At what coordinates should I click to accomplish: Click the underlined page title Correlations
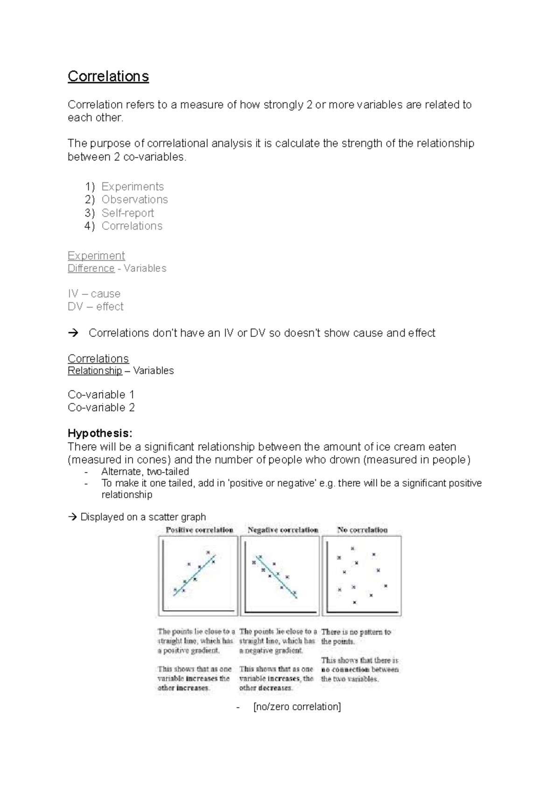pos(108,76)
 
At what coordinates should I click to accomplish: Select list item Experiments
pos(133,187)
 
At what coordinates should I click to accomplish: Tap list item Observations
pos(134,200)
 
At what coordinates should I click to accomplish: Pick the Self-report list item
pos(127,213)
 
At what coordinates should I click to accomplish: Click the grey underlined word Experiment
pos(96,256)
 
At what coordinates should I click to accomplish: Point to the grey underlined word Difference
pos(91,269)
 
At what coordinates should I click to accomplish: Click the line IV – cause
pos(94,294)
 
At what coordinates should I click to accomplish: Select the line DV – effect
pos(96,307)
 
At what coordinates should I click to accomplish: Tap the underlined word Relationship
pos(95,371)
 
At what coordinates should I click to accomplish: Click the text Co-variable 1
pos(101,395)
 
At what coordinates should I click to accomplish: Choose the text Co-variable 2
pos(101,408)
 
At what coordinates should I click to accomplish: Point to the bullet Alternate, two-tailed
pos(145,472)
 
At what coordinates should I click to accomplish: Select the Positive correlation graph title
pos(199,530)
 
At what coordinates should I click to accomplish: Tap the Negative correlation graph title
pos(283,530)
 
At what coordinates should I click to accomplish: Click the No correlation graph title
pos(363,530)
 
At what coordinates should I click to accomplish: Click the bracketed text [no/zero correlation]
pos(297,707)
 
